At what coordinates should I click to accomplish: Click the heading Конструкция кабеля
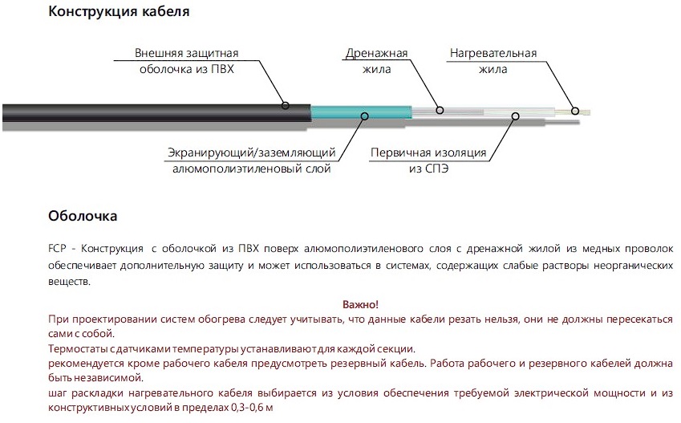(119, 11)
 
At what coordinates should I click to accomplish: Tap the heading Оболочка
(83, 216)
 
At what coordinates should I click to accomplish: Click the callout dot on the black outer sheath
(286, 105)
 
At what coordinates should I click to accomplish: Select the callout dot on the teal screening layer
(364, 116)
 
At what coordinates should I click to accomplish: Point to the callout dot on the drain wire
(440, 111)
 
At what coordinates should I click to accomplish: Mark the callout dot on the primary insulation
(516, 116)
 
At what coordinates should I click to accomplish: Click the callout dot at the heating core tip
(575, 111)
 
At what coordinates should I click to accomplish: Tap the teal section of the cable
(361, 112)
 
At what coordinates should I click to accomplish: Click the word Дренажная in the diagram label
(376, 54)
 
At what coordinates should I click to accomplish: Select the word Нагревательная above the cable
(493, 54)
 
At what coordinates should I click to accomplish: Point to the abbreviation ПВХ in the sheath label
(222, 69)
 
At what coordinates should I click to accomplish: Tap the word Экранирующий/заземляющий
(252, 153)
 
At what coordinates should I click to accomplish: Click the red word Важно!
(360, 304)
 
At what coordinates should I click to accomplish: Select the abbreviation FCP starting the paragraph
(57, 249)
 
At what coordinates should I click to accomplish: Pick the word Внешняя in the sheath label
(159, 54)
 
